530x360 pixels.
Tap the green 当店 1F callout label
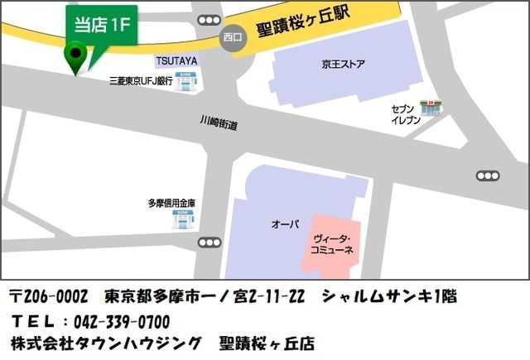coord(102,24)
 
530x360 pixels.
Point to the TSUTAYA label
coord(175,61)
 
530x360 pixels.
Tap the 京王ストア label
coord(344,65)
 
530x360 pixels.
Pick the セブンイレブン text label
coord(406,115)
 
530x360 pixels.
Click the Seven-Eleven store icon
coord(431,108)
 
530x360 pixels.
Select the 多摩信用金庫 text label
coord(171,203)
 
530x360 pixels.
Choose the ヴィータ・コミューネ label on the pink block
coord(331,243)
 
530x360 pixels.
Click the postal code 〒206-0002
coord(49,296)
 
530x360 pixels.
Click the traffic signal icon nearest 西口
coord(210,19)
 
